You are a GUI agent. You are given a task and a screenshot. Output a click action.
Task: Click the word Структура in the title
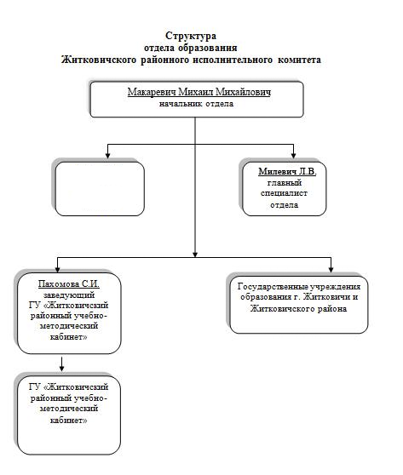(x=191, y=36)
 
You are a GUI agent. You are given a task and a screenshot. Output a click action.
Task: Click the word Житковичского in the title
(x=99, y=60)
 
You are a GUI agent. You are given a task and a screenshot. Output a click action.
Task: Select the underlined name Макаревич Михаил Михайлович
(x=199, y=92)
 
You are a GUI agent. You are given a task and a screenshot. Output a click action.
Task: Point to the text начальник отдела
(x=197, y=104)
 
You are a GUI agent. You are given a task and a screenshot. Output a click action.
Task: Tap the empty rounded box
(x=100, y=188)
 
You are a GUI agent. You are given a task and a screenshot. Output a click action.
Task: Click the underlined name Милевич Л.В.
(x=287, y=171)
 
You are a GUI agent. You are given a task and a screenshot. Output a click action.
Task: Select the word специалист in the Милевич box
(x=284, y=193)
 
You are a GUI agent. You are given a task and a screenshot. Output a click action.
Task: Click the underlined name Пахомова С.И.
(x=69, y=283)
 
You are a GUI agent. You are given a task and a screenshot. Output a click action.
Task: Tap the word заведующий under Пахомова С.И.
(x=69, y=295)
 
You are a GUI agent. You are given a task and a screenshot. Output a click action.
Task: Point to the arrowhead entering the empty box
(x=107, y=156)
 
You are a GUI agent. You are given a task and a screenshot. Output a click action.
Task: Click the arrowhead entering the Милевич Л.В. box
(x=293, y=156)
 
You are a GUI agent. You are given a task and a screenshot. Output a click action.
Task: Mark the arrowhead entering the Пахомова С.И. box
(x=58, y=269)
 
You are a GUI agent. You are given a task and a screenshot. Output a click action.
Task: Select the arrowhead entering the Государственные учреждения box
(x=331, y=269)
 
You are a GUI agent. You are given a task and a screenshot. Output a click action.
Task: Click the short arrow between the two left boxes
(x=62, y=364)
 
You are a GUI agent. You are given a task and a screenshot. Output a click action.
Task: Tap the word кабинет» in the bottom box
(x=68, y=421)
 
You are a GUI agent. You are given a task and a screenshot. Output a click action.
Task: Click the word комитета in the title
(x=299, y=60)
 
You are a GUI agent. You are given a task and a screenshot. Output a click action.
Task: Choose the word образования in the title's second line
(x=208, y=49)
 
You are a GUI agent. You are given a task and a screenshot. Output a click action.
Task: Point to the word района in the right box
(x=331, y=309)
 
